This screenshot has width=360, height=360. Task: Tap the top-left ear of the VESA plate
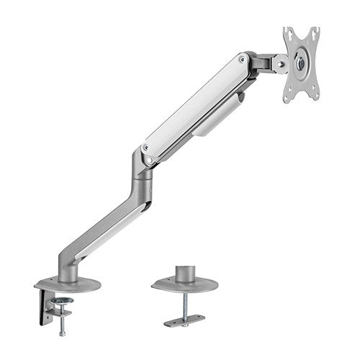pyautogui.click(x=287, y=31)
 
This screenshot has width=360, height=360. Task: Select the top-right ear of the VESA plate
pyautogui.click(x=315, y=31)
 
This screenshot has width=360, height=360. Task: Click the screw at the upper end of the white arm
pyautogui.click(x=242, y=60)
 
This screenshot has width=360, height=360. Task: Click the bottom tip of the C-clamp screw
pyautogui.click(x=61, y=333)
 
